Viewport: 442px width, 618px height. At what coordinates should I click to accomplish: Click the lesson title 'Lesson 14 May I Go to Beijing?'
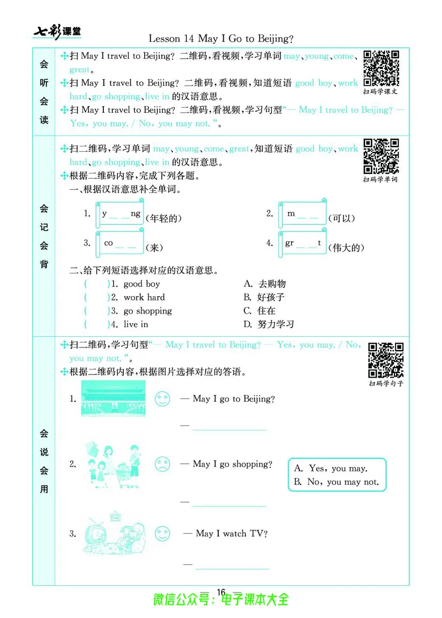[221, 39]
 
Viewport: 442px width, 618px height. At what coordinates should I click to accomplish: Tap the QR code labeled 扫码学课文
[381, 68]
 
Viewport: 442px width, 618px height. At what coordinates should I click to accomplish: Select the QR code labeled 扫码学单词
[381, 156]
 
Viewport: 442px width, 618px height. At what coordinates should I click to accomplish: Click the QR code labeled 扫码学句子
[386, 360]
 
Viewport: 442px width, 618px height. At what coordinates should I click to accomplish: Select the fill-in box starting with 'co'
[120, 244]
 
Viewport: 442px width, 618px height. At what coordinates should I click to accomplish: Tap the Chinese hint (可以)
[341, 218]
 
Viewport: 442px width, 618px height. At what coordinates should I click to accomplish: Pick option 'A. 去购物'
[265, 284]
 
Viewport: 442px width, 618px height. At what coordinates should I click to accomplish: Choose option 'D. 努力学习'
[269, 324]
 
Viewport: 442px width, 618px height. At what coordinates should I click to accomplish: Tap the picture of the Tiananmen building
[113, 399]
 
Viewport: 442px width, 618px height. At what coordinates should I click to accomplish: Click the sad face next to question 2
[162, 464]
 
